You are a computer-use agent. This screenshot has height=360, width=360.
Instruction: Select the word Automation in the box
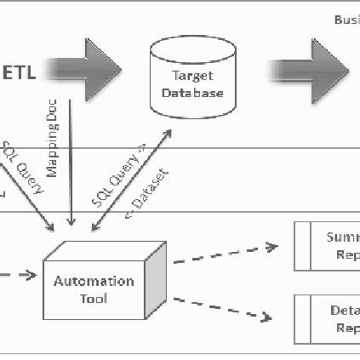94,281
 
